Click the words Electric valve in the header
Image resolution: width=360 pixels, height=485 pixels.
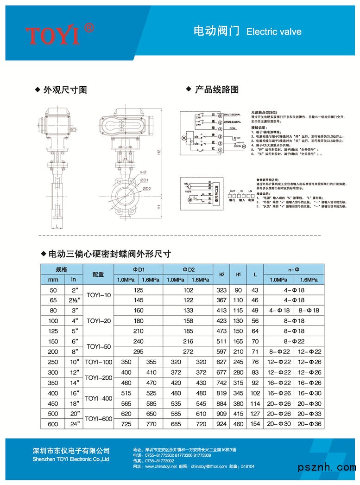click(x=274, y=32)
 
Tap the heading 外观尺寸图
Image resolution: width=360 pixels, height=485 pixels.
click(x=65, y=90)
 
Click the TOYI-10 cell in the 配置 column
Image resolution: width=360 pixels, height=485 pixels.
click(x=99, y=295)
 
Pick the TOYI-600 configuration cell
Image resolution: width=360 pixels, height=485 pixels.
click(x=99, y=419)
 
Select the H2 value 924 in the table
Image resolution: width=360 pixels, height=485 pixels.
click(x=222, y=424)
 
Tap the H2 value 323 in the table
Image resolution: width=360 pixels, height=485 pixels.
click(x=222, y=290)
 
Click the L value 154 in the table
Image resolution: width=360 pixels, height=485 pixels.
click(x=255, y=424)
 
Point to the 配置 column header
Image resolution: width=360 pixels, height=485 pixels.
click(x=99, y=274)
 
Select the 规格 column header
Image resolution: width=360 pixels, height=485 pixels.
click(x=62, y=269)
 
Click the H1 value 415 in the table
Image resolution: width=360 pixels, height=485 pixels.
click(x=239, y=414)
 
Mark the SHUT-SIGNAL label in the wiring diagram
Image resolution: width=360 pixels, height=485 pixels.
click(x=233, y=114)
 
